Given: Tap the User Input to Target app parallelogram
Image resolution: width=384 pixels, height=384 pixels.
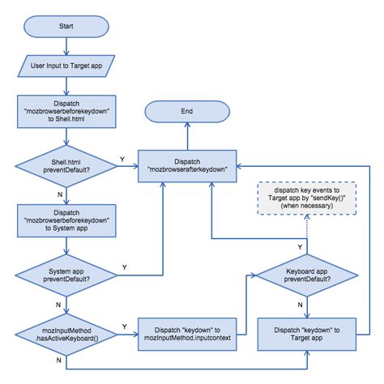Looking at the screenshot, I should pos(64,64).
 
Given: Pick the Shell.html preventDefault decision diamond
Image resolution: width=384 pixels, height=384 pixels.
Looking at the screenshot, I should pos(64,168).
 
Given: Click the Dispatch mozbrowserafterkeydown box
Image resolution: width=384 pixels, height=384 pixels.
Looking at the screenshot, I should pos(186,164).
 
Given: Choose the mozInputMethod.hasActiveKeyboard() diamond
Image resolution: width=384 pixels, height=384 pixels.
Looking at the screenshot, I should pos(64,332).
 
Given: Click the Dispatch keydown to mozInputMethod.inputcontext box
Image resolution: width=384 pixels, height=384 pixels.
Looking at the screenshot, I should pos(186,332).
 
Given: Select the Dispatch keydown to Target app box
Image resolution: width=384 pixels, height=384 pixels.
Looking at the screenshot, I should pos(307,332).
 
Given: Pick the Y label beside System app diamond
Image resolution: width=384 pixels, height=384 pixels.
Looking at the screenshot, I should pos(123,267).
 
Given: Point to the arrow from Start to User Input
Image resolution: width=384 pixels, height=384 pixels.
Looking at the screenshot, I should pos(64,45).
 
